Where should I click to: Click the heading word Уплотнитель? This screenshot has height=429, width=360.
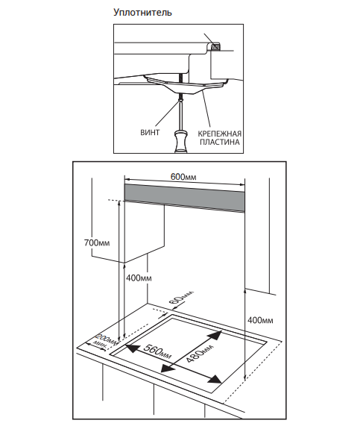click(142, 13)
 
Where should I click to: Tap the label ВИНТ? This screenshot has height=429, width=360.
click(150, 132)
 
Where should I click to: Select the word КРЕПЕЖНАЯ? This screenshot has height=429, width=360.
click(219, 134)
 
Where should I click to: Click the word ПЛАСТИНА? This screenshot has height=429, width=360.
click(219, 142)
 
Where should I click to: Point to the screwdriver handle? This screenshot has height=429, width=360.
click(180, 142)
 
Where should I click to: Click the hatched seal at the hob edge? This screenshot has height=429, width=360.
click(215, 47)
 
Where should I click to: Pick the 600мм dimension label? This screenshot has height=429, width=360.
click(183, 177)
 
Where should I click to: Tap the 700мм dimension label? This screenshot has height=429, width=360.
click(97, 242)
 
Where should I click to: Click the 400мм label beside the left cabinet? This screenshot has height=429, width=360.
click(139, 278)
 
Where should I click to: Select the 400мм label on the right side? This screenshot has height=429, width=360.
click(260, 320)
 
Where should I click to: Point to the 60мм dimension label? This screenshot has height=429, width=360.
click(180, 297)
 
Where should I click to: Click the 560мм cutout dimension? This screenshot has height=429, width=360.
click(157, 351)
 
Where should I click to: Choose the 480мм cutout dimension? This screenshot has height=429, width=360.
click(200, 353)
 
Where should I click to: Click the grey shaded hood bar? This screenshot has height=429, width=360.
click(185, 198)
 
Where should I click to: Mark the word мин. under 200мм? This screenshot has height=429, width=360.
click(100, 345)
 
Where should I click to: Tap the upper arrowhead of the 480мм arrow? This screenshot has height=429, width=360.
click(215, 334)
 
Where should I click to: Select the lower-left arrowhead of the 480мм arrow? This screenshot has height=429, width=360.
click(168, 368)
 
